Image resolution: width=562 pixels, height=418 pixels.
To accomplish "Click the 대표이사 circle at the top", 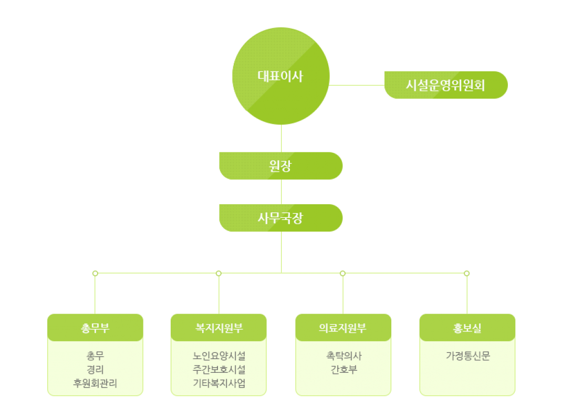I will pos(281,76).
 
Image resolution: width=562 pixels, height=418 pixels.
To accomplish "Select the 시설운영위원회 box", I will pos(446,85).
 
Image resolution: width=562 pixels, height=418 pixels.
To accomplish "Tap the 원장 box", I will pos(281,166).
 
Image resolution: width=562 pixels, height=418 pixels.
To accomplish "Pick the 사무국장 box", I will pos(281,218).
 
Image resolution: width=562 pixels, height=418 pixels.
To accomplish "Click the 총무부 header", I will pos(95,328).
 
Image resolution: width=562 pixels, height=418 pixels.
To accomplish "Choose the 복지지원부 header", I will pos(218,328).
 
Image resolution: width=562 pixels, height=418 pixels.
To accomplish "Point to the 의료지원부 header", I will pos(343,328).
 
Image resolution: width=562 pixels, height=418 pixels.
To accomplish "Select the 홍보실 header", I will pos(467,328).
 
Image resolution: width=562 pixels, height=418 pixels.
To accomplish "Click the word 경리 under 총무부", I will pos(95,370).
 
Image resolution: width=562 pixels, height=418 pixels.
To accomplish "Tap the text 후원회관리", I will pos(95,383).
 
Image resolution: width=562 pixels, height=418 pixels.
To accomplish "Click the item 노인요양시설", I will pos(218,356).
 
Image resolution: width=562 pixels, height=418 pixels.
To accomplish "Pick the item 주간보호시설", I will pos(218,370).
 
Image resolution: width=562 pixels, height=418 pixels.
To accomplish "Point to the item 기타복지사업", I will pos(218,383).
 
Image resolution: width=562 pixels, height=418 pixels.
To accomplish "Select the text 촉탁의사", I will pos(343,356).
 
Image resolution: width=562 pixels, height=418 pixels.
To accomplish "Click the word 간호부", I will pos(343,370).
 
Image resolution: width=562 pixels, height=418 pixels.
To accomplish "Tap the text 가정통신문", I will pos(467,356).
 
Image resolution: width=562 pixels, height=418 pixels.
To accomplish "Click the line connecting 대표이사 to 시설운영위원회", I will pos(357,85).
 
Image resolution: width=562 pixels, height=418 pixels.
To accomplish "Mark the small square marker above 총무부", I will pos(95,273).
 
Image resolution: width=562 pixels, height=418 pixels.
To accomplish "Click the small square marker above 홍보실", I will pos(467,273).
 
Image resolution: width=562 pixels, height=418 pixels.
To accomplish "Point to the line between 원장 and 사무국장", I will pos(282,192).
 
